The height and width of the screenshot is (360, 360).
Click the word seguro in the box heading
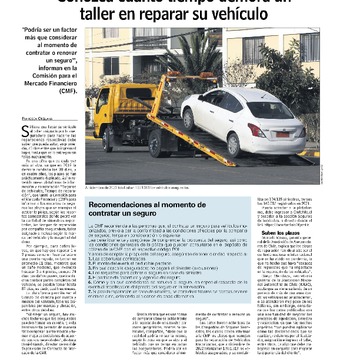point(162,215)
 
